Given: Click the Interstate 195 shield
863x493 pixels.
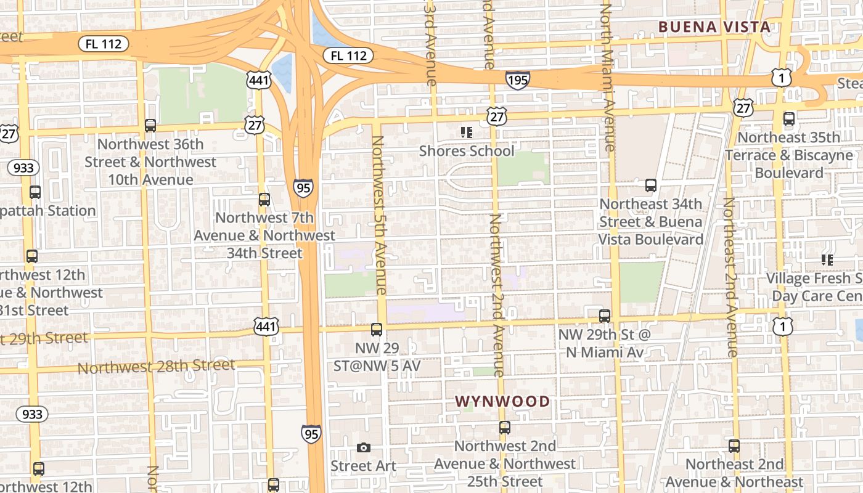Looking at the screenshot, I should pos(517,79).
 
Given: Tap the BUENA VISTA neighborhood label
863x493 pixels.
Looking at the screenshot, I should pos(714,26).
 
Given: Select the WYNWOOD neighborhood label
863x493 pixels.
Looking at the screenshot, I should pos(502,401).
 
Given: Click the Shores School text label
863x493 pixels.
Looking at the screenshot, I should pos(467,151).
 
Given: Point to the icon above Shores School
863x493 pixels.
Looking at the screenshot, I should pos(467,132).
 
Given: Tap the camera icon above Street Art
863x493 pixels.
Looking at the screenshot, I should pos(364,447).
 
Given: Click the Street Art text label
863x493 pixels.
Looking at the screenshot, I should pos(363,466).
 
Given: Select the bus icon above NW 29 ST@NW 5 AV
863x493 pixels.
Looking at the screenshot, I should pos(377,330).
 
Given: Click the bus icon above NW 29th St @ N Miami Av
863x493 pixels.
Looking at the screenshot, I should pos(605,316).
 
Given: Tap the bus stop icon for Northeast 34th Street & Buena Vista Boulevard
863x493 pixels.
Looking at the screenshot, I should pos(650,185).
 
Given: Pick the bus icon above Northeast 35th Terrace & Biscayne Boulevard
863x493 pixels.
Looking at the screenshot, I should pos(788,119).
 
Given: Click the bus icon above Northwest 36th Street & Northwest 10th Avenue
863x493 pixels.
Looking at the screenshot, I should pos(150,126).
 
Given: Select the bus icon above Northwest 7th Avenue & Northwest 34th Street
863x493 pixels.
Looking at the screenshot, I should pos(264,200).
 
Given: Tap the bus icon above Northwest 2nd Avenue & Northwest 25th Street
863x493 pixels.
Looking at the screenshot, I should pos(505,427).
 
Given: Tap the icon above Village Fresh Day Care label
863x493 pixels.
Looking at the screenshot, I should pos(827,260).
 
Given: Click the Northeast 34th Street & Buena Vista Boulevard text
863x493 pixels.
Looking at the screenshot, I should pos(650,221).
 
